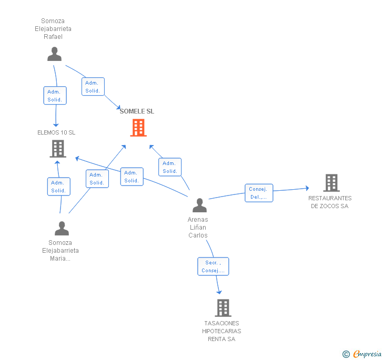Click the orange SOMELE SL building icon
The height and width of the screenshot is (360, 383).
[x=138, y=127]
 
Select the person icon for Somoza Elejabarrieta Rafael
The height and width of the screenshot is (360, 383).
[x=54, y=54]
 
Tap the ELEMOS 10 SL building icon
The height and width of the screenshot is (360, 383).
[x=57, y=149]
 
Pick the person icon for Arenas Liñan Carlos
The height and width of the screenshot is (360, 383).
[x=199, y=205]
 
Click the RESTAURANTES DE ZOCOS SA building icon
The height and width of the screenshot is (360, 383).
[x=331, y=183]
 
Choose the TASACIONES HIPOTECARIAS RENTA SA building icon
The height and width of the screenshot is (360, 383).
[x=223, y=308]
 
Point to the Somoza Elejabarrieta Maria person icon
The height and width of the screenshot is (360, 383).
[x=62, y=229]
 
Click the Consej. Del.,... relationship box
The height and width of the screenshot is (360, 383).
[x=258, y=193]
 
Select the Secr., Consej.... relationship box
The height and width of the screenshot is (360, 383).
[x=213, y=266]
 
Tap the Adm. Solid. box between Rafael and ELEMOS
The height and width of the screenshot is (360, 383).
[x=55, y=96]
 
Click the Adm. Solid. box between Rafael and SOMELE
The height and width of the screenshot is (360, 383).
[x=93, y=87]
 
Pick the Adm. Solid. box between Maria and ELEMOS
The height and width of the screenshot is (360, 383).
[x=58, y=187]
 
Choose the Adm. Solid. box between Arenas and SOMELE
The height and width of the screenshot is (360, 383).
[x=169, y=167]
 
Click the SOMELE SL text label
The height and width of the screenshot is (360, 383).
[x=137, y=111]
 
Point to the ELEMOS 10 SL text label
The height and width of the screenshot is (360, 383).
[x=56, y=132]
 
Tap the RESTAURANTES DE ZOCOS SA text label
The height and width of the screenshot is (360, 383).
[x=330, y=202]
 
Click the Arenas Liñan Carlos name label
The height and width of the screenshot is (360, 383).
[x=198, y=228]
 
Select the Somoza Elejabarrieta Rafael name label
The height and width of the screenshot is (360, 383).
[x=53, y=29]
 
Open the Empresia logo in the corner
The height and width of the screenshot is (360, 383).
[x=362, y=354]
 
